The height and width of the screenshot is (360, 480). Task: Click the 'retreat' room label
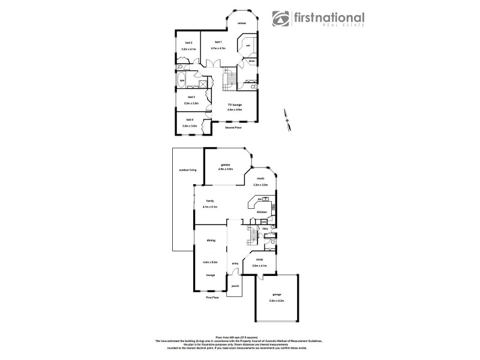(x=242, y=23)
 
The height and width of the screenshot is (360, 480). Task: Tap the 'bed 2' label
(x=188, y=43)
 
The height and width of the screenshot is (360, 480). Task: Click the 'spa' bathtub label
(x=182, y=80)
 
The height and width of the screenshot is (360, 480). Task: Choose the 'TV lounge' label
(x=234, y=104)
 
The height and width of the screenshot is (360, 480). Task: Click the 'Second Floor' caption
(x=233, y=128)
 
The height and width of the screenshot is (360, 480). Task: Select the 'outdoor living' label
(x=188, y=170)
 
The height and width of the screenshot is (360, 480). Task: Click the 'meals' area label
(x=260, y=178)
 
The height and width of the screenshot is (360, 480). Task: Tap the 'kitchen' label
(x=262, y=212)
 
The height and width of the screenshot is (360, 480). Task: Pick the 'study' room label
(x=259, y=260)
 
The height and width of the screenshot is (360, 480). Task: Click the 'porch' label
(x=235, y=286)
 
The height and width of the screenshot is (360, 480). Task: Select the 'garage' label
(x=276, y=294)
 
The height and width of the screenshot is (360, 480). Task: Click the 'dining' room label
(x=211, y=240)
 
